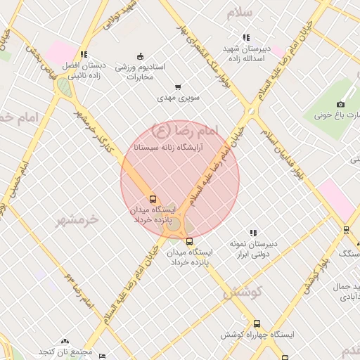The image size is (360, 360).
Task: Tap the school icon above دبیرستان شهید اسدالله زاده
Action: tap(245, 37)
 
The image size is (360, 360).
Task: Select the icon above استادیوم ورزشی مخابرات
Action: tap(140, 56)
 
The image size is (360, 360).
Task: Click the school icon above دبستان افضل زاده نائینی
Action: tap(84, 54)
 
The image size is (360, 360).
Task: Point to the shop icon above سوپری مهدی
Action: tap(178, 86)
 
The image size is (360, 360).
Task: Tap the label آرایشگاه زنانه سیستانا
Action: tap(167, 148)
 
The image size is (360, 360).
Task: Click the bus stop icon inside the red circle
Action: tap(154, 200)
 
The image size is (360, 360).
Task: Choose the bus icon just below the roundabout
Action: tap(188, 241)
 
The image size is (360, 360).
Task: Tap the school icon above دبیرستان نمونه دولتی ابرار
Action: tap(252, 233)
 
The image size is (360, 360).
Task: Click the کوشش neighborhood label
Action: tap(243, 292)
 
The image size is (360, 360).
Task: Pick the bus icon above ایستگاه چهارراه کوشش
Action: tap(257, 324)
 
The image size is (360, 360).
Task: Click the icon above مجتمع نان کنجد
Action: tap(65, 341)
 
